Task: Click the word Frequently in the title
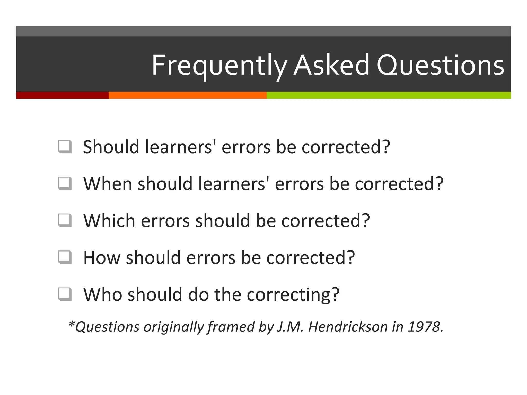(x=219, y=65)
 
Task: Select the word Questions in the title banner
(x=440, y=65)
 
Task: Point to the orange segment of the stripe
(x=187, y=95)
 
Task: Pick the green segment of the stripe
(x=389, y=95)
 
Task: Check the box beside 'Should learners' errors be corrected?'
(x=65, y=147)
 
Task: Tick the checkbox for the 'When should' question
(x=65, y=183)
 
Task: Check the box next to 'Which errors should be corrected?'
(x=65, y=220)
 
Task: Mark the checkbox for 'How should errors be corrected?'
(x=65, y=257)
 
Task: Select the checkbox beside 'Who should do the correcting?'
(x=65, y=294)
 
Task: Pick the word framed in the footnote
(x=231, y=327)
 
